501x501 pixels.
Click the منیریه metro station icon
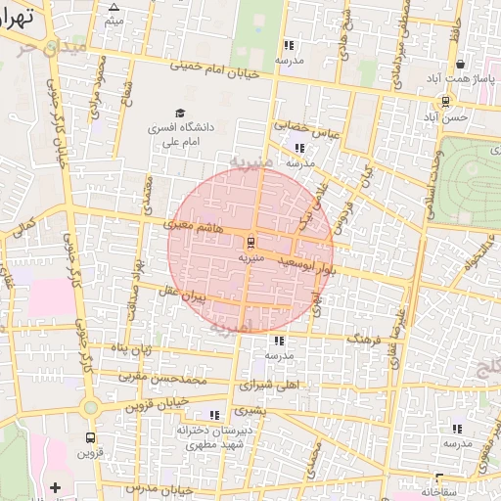tap(250, 241)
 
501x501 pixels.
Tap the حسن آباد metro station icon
tap(446, 101)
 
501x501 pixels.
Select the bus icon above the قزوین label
tap(91, 437)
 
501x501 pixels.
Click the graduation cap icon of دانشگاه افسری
tap(179, 114)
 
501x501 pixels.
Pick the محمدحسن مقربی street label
tap(163, 377)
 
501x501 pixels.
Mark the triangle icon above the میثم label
tap(114, 7)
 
